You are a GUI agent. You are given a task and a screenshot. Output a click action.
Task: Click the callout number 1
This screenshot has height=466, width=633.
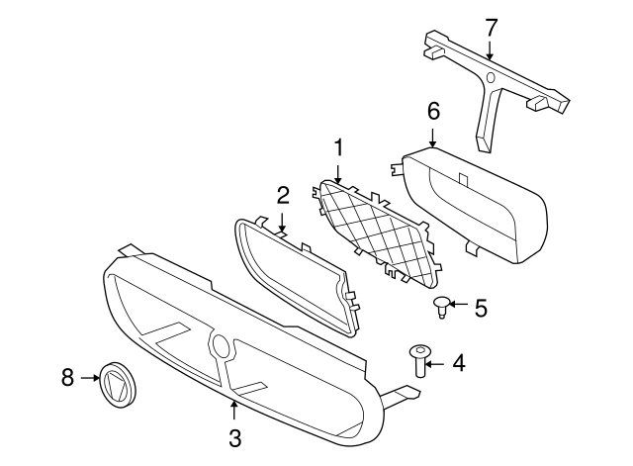point(338,147)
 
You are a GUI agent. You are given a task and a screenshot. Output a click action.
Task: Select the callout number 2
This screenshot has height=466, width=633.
point(283,195)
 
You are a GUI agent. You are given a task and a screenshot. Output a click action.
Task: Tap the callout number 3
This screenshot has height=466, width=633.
point(234,438)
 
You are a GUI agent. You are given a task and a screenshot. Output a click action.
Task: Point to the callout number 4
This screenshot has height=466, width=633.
point(459,363)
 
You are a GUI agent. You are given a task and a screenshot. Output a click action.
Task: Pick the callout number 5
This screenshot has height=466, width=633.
point(481,308)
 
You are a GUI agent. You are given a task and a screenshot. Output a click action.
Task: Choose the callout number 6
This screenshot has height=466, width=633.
point(433,111)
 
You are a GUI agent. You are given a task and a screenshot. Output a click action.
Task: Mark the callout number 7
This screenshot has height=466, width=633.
point(491,28)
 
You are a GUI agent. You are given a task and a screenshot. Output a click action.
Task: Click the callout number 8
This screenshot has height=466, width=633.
point(68,378)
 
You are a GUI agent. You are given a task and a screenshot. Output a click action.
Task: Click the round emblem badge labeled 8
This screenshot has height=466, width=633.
point(119,385)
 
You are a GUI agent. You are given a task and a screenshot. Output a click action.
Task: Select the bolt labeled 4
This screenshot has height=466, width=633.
point(420,360)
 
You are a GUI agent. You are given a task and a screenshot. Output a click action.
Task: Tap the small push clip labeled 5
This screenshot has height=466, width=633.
point(442,308)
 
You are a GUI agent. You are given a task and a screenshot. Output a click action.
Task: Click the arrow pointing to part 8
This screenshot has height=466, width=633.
point(90,378)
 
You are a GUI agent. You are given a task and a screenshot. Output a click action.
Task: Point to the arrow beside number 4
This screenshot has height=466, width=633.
point(434,364)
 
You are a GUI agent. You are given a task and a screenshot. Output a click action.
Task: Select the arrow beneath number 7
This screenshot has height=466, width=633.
point(490,49)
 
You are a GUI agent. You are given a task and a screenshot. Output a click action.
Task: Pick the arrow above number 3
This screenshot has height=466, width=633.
point(233,410)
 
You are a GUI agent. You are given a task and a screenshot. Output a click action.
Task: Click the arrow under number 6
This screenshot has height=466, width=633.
point(432,138)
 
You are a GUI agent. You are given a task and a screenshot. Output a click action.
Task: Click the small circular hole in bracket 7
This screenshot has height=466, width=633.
point(491,77)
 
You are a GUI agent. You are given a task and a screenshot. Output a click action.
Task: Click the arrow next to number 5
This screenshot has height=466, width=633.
point(458,304)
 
